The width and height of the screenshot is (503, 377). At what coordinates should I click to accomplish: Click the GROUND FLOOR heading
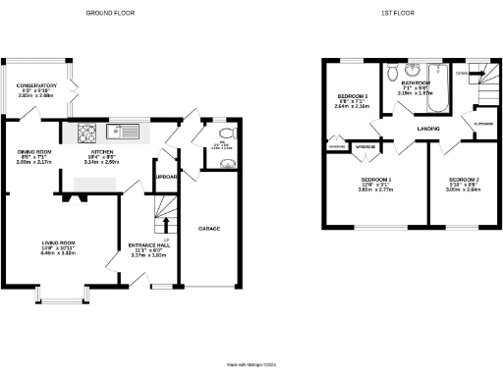coord(110,13)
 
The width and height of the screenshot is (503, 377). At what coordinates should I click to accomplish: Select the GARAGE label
coord(209,228)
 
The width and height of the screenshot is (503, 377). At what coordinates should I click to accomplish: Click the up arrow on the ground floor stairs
coord(166,241)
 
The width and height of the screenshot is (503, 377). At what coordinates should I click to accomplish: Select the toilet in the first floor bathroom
coord(392,72)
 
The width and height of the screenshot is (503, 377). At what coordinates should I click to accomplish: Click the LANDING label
coord(427,129)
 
